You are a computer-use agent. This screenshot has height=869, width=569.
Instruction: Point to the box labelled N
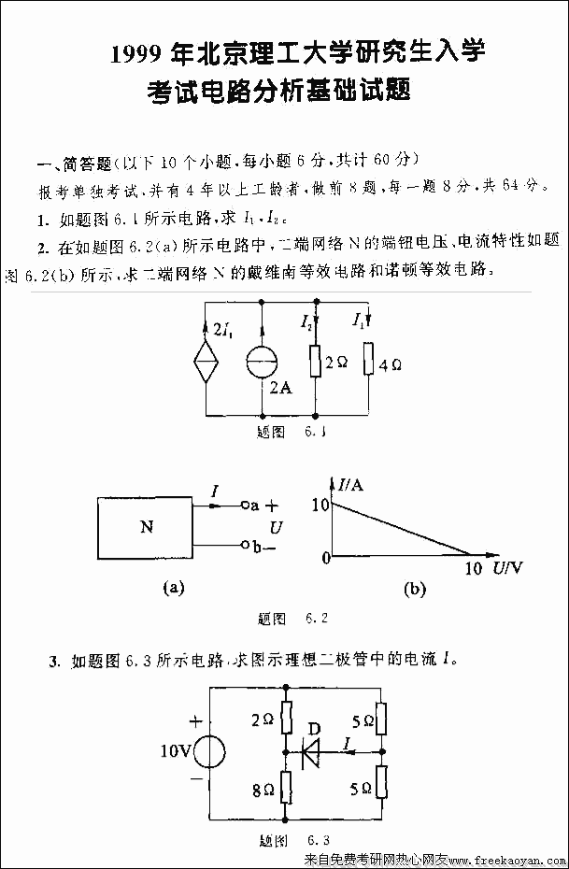click(x=145, y=526)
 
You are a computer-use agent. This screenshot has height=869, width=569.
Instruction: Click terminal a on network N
click(x=245, y=506)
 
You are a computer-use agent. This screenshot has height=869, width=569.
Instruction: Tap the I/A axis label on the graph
click(x=352, y=484)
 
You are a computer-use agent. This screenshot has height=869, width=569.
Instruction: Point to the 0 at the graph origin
click(x=325, y=558)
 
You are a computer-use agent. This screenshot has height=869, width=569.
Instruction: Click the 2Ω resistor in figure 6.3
click(x=286, y=719)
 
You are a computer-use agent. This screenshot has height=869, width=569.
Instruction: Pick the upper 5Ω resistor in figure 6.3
click(x=381, y=720)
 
